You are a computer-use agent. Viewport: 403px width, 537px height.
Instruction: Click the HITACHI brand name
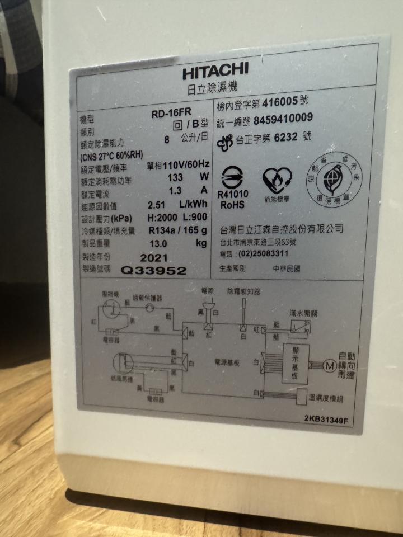[215, 71]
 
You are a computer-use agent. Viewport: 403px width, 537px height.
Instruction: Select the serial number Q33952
[153, 271]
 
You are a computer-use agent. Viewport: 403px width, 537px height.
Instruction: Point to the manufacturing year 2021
[154, 258]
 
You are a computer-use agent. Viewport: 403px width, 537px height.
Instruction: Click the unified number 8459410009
[283, 119]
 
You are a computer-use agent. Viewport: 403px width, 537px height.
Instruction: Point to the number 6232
[289, 136]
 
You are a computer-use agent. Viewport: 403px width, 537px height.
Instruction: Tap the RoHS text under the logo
[232, 205]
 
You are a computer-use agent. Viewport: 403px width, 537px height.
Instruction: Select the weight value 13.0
[158, 244]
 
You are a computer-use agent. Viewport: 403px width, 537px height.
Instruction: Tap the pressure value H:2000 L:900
[177, 217]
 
